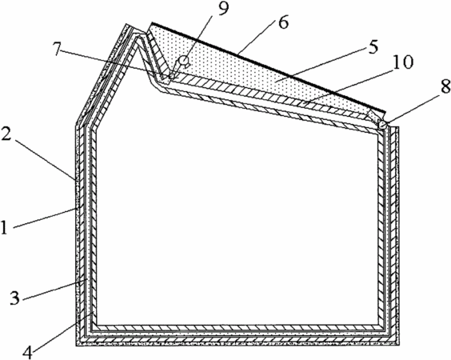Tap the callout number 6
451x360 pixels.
click(x=282, y=22)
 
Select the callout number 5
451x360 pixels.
click(x=372, y=47)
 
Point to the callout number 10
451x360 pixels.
click(x=404, y=62)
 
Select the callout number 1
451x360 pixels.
click(x=4, y=227)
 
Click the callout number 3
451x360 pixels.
click(x=14, y=298)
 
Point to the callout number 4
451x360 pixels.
click(x=28, y=352)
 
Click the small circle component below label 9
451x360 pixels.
click(x=183, y=61)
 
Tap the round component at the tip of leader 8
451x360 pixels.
click(x=382, y=124)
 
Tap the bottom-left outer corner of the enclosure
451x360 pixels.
click(x=76, y=345)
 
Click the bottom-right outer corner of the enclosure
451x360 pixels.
click(x=399, y=345)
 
